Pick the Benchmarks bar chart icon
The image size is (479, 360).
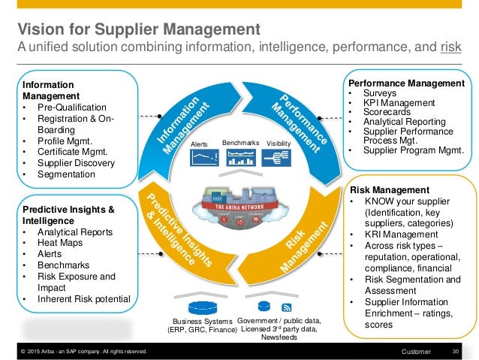tap(241, 157)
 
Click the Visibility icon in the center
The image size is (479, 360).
tap(278, 156)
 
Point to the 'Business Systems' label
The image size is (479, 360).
tap(198, 322)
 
